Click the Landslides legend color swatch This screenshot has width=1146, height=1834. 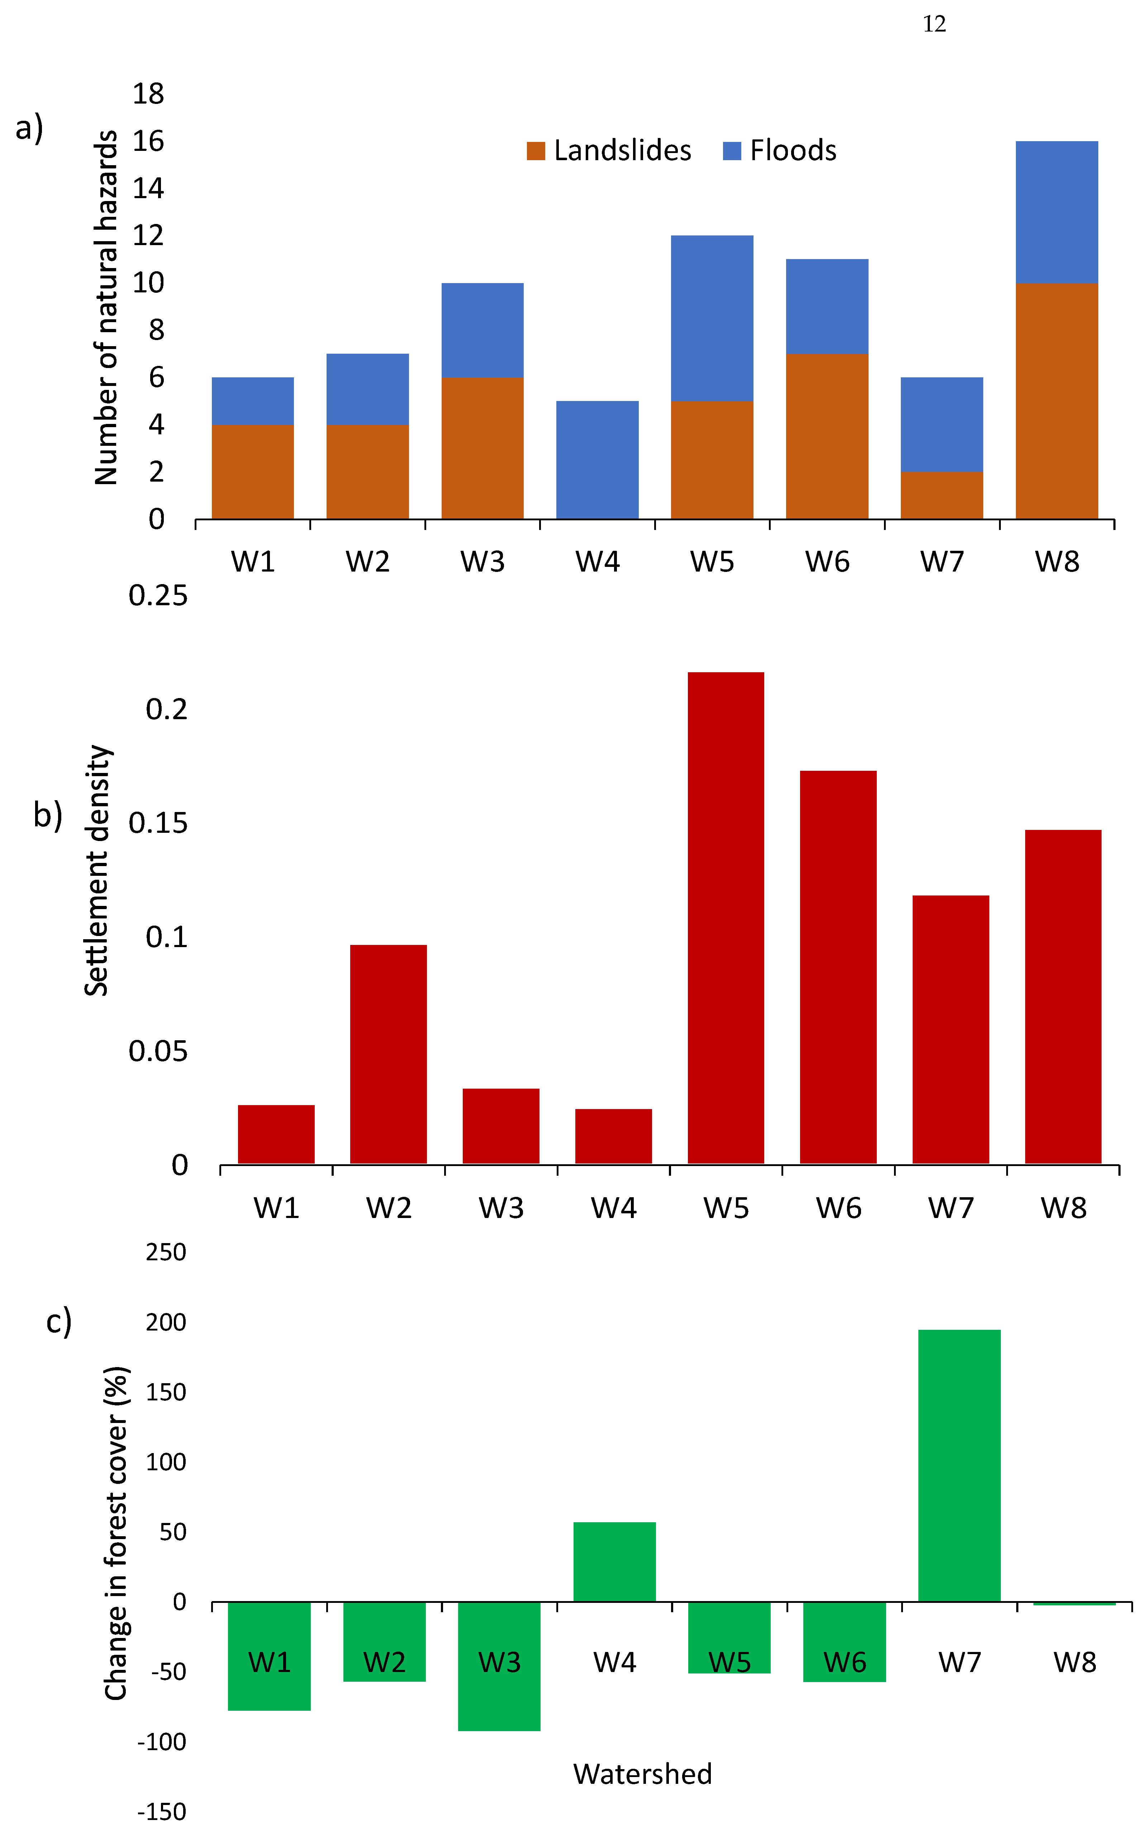pyautogui.click(x=536, y=151)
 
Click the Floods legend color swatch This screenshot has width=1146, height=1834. pyautogui.click(x=731, y=151)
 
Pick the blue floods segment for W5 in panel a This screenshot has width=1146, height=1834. pyautogui.click(x=712, y=318)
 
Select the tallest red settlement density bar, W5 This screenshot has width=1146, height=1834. pyautogui.click(x=725, y=917)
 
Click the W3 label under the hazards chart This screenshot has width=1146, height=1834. pyautogui.click(x=482, y=561)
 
